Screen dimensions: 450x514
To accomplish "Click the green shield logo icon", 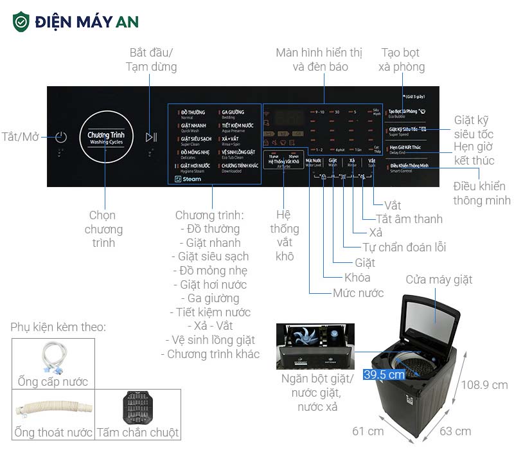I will point(21,21).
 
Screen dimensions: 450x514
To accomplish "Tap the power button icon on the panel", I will point(60,137).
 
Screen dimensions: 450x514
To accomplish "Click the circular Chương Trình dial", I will point(106,137).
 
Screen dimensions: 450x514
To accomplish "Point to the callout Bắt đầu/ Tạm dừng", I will point(151,59).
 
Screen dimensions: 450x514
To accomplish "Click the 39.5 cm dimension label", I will point(384,374).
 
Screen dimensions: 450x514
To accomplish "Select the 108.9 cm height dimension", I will point(485,385).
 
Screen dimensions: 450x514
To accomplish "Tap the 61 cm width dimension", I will point(368,430).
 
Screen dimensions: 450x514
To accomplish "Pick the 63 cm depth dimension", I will point(454,431).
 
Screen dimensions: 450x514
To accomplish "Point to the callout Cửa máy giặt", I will point(439,280).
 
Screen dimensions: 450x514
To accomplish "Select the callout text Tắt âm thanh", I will point(409,219).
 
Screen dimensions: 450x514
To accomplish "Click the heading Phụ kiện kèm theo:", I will point(58,327).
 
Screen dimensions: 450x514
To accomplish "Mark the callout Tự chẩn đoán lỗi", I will point(395,247).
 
